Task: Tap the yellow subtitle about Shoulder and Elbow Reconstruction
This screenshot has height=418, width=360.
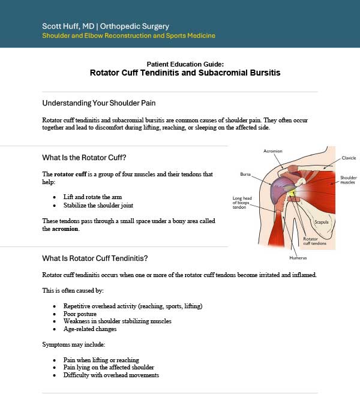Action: (128, 36)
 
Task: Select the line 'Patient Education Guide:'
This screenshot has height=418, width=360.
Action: (185, 64)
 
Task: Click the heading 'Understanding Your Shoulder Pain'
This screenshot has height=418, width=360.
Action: (99, 103)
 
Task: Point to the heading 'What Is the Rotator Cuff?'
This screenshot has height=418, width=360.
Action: (84, 158)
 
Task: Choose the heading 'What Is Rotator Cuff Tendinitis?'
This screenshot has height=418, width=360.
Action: (95, 258)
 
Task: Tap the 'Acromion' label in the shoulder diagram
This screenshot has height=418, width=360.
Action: (272, 151)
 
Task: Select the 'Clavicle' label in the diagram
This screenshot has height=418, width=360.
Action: (349, 158)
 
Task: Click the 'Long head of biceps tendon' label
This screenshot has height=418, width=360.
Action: (243, 203)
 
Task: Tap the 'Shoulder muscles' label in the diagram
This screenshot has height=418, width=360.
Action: (348, 180)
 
